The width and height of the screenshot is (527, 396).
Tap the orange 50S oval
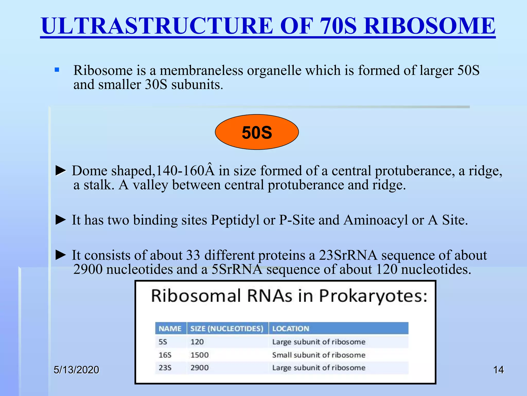click(x=257, y=132)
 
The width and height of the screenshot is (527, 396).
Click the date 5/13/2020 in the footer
click(x=76, y=370)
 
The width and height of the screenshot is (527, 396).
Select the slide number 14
click(x=498, y=370)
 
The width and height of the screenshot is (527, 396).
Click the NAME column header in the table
click(x=170, y=329)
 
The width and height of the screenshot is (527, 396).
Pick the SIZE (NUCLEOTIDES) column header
click(x=227, y=329)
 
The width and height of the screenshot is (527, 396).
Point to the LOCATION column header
click(x=291, y=329)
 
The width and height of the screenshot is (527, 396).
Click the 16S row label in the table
click(x=165, y=355)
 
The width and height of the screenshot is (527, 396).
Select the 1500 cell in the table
click(x=199, y=355)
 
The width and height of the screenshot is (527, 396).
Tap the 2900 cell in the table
click(x=199, y=368)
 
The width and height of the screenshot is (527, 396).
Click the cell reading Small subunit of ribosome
click(x=319, y=355)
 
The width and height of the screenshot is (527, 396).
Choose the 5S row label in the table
click(x=163, y=342)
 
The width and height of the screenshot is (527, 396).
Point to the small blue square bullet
click(x=57, y=70)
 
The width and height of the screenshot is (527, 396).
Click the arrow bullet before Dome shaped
click(x=61, y=170)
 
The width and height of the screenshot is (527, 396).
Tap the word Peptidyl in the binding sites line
click(x=235, y=220)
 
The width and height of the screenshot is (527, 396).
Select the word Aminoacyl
click(x=376, y=220)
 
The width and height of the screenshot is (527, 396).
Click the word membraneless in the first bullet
click(x=201, y=70)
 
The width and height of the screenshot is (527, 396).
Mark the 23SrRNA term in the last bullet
click(x=348, y=255)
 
